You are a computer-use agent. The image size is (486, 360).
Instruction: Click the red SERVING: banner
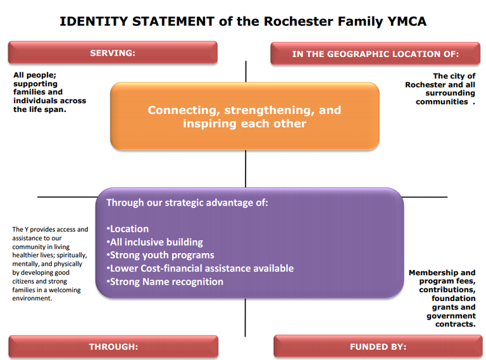pos(113,53)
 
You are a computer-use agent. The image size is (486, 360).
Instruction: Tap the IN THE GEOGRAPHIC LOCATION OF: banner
pos(375,54)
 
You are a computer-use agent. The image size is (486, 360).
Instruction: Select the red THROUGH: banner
pos(113,347)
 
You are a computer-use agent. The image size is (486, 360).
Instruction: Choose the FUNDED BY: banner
pos(378,347)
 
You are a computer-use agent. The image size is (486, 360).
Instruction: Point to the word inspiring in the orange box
pos(209,123)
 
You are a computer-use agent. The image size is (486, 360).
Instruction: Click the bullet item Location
pos(128,229)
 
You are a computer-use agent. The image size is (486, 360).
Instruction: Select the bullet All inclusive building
pos(154,242)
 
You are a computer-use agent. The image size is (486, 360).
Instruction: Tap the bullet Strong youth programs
pos(160,255)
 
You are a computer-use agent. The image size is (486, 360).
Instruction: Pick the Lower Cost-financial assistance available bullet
pos(200,269)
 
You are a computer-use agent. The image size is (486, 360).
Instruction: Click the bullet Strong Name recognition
pos(165,282)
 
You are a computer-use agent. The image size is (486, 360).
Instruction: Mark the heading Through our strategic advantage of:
pos(187,202)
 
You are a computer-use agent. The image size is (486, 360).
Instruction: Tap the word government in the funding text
pos(451,316)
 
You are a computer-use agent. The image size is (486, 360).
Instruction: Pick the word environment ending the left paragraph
pos(32,299)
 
